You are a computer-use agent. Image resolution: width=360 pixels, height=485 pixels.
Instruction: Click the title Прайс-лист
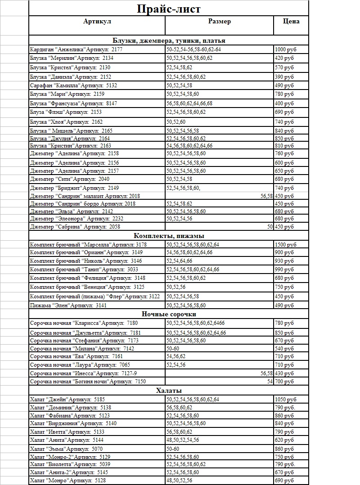(x=168, y=9)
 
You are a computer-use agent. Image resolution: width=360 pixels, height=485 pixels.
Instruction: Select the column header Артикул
(x=97, y=21)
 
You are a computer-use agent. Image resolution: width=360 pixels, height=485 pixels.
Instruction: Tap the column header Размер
(x=219, y=21)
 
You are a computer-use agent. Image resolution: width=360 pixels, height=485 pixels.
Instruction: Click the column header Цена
(x=291, y=21)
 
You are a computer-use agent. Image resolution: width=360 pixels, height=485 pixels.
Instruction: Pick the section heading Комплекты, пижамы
(x=169, y=236)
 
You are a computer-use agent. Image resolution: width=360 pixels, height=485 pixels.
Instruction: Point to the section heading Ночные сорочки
(x=169, y=314)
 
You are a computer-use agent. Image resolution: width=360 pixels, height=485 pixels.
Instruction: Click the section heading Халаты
(x=169, y=391)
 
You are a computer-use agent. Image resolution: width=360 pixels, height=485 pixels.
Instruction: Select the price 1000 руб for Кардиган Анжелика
(x=285, y=49)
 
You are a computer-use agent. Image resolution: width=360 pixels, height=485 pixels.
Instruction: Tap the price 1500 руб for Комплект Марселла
(x=285, y=245)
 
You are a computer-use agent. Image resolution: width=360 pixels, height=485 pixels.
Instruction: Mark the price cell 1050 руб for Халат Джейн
(x=285, y=400)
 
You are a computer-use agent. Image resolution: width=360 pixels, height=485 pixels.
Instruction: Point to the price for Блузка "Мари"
(x=284, y=94)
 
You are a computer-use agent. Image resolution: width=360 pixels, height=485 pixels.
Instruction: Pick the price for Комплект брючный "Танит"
(x=284, y=269)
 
